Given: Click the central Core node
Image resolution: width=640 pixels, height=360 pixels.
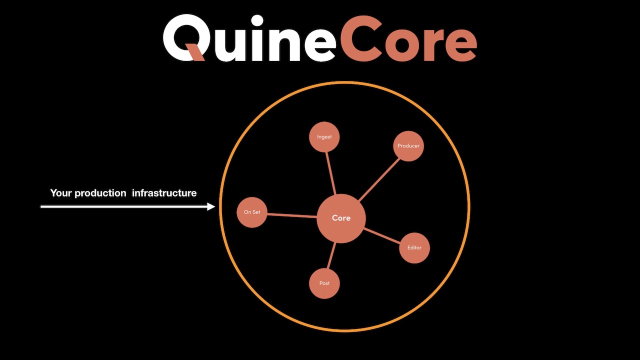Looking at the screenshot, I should (341, 218).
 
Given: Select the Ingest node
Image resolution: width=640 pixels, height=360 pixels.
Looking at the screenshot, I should (324, 136).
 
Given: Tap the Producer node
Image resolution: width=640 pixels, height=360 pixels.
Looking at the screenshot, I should (408, 146).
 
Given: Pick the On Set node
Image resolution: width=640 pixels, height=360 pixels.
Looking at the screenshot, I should (252, 212).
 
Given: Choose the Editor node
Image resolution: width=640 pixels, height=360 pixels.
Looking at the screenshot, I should (414, 247).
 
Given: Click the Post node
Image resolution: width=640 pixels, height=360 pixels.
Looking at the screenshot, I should (324, 283).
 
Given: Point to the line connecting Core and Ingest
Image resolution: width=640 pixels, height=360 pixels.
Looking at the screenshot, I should (330, 173).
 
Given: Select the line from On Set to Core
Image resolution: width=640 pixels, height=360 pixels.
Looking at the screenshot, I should (292, 215).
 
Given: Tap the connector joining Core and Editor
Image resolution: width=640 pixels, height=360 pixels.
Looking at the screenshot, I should (382, 236).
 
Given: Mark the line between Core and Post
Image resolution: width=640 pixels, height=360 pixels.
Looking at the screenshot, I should (331, 256).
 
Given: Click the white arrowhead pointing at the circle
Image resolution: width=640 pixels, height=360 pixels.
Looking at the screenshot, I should (211, 206).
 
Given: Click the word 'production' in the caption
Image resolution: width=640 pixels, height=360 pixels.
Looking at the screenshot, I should (100, 193).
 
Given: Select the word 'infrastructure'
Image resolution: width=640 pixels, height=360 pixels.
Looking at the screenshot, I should (164, 193).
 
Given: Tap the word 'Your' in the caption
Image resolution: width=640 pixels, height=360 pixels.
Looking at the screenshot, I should (61, 193).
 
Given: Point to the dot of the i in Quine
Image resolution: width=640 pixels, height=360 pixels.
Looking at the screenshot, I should (257, 21).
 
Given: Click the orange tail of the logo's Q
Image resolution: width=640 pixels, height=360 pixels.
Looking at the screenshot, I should (196, 52).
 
